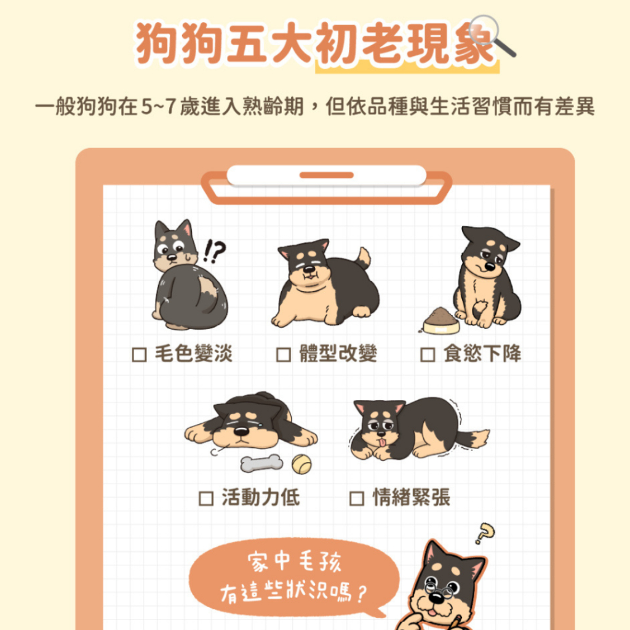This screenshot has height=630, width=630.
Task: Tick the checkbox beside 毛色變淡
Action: [139, 354]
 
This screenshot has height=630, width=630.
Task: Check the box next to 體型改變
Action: [283, 354]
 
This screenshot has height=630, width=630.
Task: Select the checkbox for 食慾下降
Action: [428, 354]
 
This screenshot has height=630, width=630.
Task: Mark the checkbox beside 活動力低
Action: [206, 498]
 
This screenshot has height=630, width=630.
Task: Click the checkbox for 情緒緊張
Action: [357, 498]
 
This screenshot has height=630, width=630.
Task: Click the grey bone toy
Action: [261, 463]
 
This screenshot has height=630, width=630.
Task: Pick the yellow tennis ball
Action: [301, 464]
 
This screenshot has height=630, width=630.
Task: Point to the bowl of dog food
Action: [441, 321]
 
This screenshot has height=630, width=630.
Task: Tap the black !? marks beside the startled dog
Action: [214, 251]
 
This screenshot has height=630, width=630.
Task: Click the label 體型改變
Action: [338, 354]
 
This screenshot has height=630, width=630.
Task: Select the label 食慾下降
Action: [482, 354]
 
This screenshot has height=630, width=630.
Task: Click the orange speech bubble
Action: [293, 577]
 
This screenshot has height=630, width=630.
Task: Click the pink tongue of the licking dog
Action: [381, 443]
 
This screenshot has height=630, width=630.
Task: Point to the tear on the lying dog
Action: [260, 424]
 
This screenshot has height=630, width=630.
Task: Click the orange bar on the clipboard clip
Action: [326, 175]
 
